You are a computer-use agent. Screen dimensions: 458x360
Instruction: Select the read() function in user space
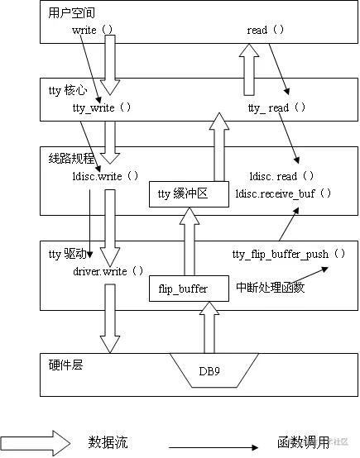click(266, 30)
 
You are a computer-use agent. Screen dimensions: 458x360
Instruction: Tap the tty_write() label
click(102, 107)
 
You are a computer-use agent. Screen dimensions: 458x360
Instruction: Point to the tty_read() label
click(277, 107)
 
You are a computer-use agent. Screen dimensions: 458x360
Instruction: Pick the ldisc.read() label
click(281, 176)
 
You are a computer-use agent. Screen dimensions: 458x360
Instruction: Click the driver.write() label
click(108, 270)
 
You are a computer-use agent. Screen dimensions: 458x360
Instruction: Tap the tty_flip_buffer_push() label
click(289, 254)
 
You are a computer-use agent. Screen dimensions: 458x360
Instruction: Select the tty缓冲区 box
click(187, 194)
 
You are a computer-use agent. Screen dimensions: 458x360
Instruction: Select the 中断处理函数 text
click(270, 288)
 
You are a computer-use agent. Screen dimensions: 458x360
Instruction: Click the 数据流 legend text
click(108, 442)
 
